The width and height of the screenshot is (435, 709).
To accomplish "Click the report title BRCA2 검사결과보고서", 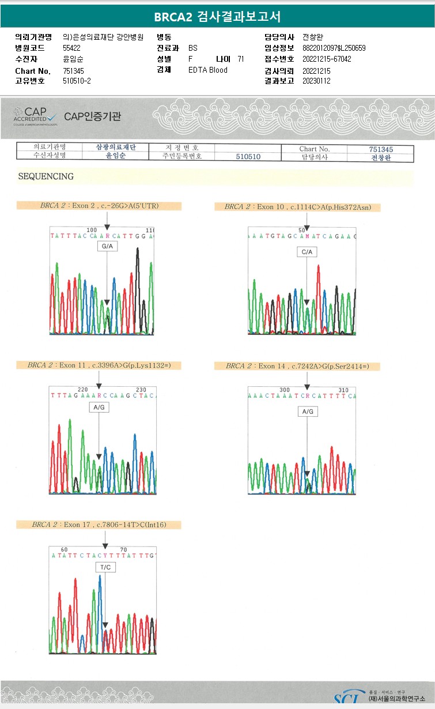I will [x=217, y=16].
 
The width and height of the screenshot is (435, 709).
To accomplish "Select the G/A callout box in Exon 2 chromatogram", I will [x=107, y=246].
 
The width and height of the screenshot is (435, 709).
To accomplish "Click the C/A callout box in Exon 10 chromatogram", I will [x=307, y=252].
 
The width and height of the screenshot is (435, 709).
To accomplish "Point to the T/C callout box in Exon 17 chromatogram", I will [x=105, y=568].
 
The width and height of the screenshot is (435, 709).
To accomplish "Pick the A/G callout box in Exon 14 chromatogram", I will [x=308, y=412].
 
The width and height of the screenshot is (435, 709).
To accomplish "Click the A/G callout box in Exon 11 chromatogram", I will [x=99, y=407].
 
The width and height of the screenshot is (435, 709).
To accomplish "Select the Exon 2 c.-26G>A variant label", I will [x=99, y=206].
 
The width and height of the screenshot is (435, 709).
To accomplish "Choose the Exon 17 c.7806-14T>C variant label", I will [x=99, y=525].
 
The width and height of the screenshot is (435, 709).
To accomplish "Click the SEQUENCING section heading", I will [x=46, y=176].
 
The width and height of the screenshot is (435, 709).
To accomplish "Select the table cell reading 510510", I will [x=248, y=157].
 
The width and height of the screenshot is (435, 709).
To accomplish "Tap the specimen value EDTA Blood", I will [x=208, y=70].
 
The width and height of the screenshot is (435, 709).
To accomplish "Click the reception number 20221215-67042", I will [x=327, y=59].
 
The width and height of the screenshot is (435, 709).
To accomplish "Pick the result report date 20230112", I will [x=316, y=81].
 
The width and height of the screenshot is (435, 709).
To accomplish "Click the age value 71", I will [x=240, y=59].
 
